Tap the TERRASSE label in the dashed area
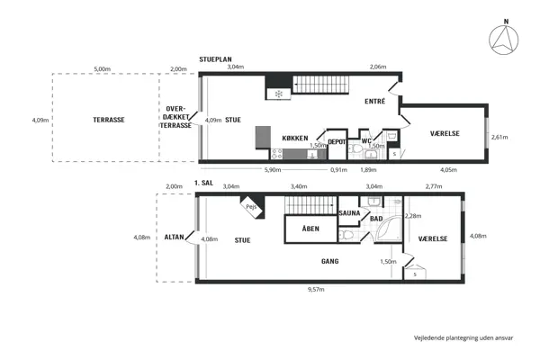(109, 120)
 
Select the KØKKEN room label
(295, 138)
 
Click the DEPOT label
(337, 142)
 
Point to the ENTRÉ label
(375, 102)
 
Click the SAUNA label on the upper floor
(349, 213)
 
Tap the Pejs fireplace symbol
(252, 207)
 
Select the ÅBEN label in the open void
(310, 229)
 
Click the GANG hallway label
(330, 261)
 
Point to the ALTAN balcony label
(174, 237)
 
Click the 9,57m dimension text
(316, 290)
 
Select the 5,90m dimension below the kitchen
(273, 170)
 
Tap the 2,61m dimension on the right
(499, 137)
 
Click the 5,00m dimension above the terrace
(103, 69)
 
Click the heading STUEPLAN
(215, 59)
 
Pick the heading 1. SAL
(203, 183)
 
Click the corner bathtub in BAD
(389, 229)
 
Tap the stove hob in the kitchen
(276, 154)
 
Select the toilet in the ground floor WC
(355, 150)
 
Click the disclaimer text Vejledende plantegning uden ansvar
(463, 338)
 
